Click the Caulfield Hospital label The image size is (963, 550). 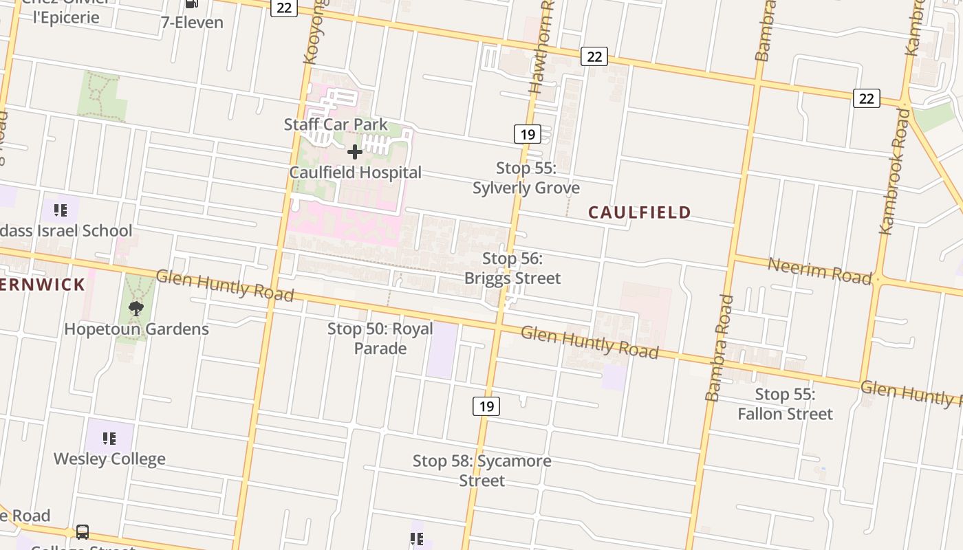click(355, 173)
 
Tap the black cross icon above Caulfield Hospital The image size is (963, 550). click(355, 151)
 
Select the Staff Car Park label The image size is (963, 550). click(336, 124)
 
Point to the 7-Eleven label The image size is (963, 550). click(192, 22)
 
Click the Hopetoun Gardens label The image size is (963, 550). click(136, 329)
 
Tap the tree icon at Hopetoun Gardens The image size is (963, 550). click(136, 309)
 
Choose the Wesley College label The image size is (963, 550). click(109, 459)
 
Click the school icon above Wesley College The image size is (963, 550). click(109, 438)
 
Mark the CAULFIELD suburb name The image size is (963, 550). click(640, 212)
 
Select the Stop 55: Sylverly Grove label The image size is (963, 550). click(526, 178)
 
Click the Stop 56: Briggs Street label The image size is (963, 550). click(512, 268)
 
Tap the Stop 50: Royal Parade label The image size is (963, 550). click(380, 338)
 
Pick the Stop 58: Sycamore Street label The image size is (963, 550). click(481, 470)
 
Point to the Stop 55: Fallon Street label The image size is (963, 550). click(785, 404)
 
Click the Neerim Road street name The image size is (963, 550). click(819, 270)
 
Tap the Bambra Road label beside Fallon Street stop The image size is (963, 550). click(719, 348)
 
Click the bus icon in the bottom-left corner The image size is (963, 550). click(82, 532)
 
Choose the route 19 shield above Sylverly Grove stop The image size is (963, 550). click(527, 134)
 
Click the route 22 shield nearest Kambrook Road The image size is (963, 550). click(866, 98)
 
